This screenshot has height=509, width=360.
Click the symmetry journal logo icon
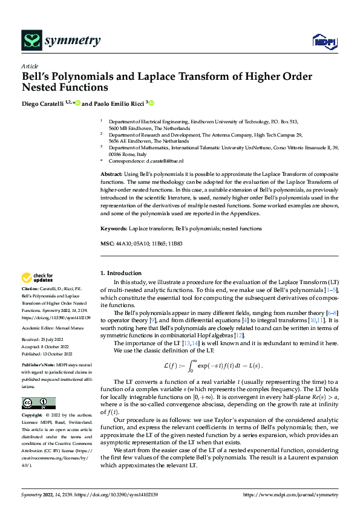[31, 41]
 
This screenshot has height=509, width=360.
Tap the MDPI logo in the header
[324, 41]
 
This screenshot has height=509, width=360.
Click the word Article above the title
[30, 66]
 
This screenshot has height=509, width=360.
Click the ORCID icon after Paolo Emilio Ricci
[152, 103]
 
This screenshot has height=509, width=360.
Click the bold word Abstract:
[113, 174]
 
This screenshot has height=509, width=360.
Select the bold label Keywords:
[114, 229]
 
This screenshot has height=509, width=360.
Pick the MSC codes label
[106, 243]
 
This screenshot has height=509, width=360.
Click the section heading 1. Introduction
[121, 273]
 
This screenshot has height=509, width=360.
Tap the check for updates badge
[38, 278]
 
